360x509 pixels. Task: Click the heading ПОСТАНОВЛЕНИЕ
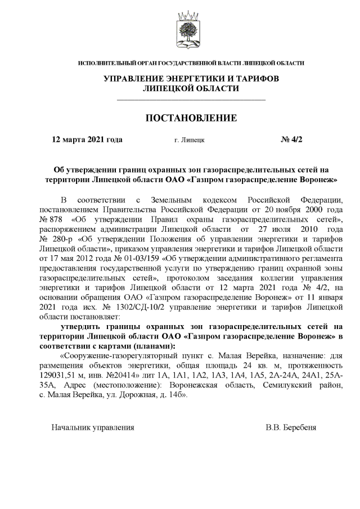point(191,118)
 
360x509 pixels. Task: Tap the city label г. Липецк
point(190,141)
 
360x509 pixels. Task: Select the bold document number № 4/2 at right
point(291,140)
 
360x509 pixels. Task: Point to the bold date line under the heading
point(87,140)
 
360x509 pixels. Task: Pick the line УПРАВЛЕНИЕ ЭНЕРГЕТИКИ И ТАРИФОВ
point(191,78)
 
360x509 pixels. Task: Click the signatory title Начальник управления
point(92,427)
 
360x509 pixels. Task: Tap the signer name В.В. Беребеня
point(291,427)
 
